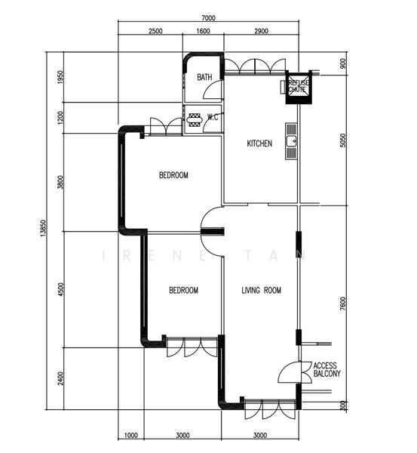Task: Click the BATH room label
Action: click(204, 78)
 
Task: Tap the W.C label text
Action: click(212, 117)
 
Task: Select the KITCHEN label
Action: click(259, 143)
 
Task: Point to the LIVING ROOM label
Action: click(261, 290)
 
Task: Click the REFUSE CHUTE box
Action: click(296, 87)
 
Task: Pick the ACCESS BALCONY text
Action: click(326, 369)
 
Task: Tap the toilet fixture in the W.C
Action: click(194, 118)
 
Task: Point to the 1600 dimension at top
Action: click(203, 32)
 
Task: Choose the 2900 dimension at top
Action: click(261, 32)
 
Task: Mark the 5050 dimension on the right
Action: click(343, 141)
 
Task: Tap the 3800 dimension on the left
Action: click(60, 183)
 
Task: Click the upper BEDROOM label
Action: click(173, 175)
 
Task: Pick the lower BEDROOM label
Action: click(183, 290)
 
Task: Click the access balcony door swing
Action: click(290, 372)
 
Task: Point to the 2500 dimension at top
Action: click(155, 32)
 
